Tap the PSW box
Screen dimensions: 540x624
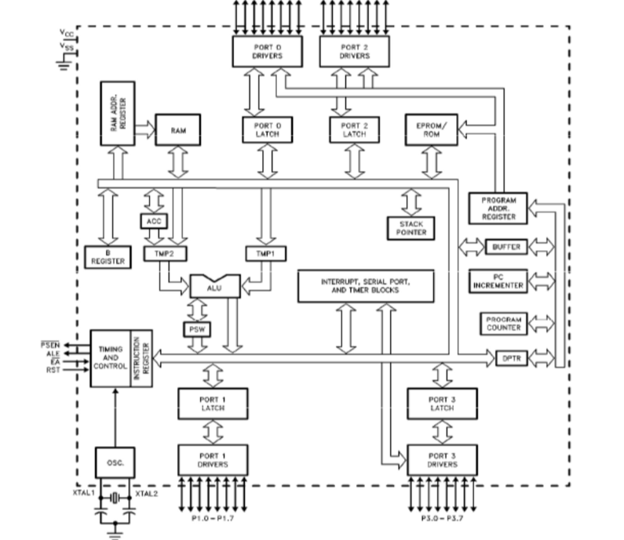click(195, 329)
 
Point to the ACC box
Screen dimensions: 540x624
click(154, 222)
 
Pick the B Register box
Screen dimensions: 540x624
click(108, 256)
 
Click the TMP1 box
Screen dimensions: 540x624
click(265, 254)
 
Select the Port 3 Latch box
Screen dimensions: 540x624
click(442, 404)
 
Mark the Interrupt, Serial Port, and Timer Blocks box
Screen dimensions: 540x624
click(366, 285)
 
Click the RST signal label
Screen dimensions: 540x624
click(53, 368)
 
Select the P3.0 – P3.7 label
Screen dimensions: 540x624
click(443, 518)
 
